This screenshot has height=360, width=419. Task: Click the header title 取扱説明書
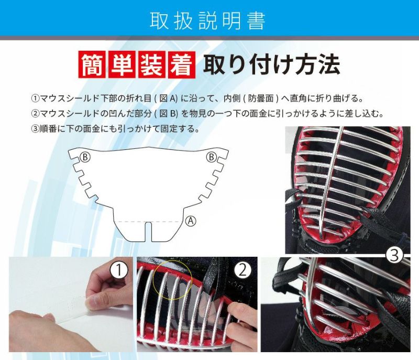coord(207,20)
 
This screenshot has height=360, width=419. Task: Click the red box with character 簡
coord(93,64)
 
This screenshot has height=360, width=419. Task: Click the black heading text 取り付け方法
coord(271,64)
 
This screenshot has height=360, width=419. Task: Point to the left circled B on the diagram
coord(85,157)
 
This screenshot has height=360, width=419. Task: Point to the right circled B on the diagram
coord(211,157)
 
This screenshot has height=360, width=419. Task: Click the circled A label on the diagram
coord(191,221)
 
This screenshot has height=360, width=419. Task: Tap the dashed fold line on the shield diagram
coord(148,222)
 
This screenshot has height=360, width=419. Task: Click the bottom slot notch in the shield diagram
coord(148,232)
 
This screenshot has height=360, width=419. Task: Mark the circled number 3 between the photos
coord(394,256)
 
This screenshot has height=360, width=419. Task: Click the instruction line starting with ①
coord(198,99)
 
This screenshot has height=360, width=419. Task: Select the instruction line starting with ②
coord(208,114)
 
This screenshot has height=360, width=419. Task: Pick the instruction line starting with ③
coord(115,129)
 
